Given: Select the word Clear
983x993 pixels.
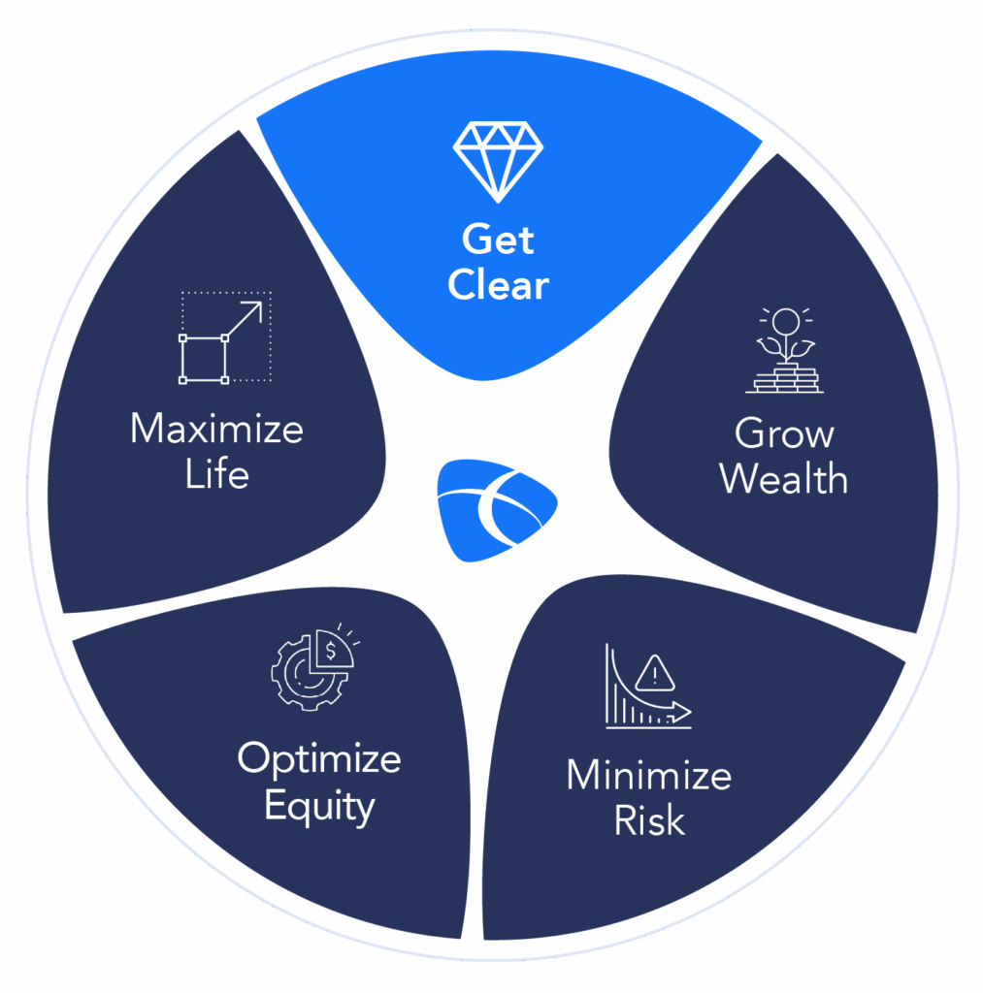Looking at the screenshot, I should pos(499,286).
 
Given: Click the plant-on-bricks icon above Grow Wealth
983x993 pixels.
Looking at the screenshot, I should pos(784,351).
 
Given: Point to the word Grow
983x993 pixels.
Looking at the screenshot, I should pos(784,433).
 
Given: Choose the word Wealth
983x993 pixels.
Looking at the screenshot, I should pos(784,479).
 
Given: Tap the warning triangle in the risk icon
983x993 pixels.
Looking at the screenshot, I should pos(658,671).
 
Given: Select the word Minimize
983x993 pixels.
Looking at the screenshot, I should pos(648,776).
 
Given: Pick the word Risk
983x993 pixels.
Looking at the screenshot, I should pos(649,820).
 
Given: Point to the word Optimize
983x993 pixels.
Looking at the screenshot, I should pos(319,758).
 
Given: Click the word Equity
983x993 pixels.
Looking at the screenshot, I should pos(319,806).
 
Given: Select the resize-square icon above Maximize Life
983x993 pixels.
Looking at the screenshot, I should pos(225,337).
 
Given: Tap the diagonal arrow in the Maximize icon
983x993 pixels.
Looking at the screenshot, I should pos(245,318).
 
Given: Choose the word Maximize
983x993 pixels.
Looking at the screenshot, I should pos(216,430).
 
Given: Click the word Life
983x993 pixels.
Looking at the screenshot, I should pos(216,475).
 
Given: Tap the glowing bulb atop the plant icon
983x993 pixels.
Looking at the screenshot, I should pos(784,320).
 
